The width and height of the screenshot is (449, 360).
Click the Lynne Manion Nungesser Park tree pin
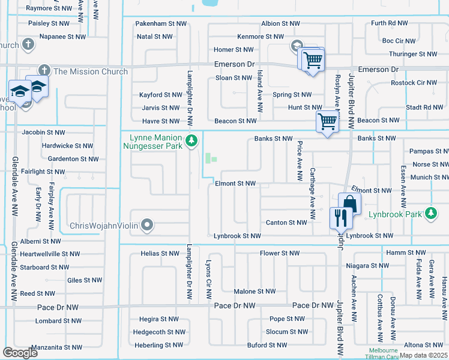pos(191,141)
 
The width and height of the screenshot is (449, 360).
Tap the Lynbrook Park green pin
pos(430,213)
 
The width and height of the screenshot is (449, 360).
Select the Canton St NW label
pos(286,223)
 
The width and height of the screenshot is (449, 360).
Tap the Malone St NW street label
pos(255,292)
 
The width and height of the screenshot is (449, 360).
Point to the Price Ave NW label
pos(298,161)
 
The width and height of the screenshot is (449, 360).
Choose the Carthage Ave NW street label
pos(312,193)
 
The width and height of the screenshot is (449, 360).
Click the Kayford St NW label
pos(160,95)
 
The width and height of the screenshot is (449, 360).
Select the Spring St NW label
pos(292,95)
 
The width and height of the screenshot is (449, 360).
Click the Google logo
pos(20,353)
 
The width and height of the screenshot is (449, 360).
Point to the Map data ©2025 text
pos(423,355)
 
